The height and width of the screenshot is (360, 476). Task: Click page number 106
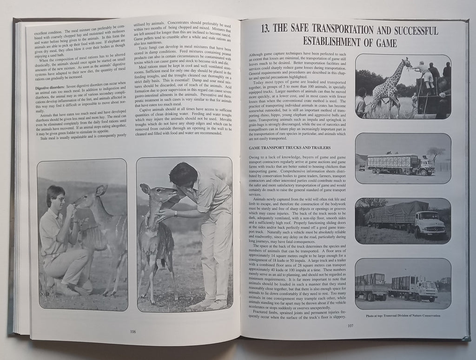coord(133,332)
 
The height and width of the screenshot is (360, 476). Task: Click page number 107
coord(350,326)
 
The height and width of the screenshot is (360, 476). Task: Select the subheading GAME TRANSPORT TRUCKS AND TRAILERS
coord(290,147)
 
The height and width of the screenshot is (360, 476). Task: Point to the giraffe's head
coord(407,62)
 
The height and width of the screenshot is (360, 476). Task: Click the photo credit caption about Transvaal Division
coord(403,316)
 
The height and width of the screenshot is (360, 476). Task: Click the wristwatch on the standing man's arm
coord(176,214)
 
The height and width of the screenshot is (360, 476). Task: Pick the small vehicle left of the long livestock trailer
coord(362,167)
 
